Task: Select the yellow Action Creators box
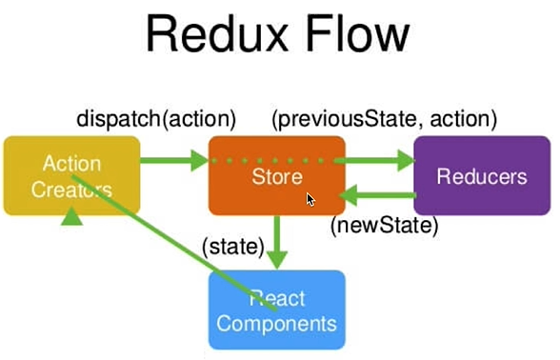coord(72,175)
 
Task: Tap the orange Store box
coord(277,175)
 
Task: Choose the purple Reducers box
coord(481,175)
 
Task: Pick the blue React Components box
coord(276,309)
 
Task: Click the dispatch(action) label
coord(156,120)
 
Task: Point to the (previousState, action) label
coord(384,120)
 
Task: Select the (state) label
coord(232,247)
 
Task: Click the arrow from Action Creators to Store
coord(175,161)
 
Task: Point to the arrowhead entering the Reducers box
coord(405,161)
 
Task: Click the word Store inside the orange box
coord(277,176)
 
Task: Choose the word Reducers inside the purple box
coord(481,176)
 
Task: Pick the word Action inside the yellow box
coord(72,163)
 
